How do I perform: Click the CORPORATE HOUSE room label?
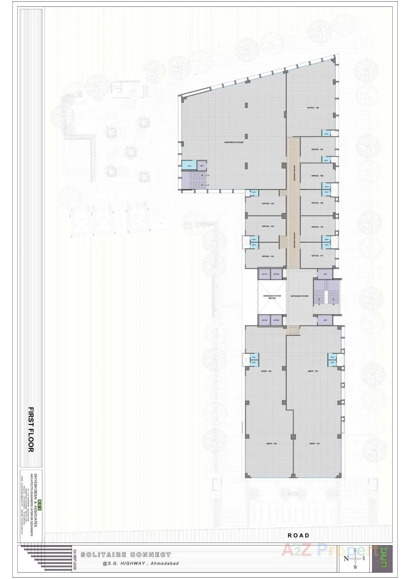(234, 142)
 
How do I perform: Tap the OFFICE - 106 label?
(313, 108)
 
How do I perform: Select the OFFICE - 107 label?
(317, 149)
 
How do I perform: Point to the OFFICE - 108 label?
(317, 176)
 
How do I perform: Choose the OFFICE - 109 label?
(317, 203)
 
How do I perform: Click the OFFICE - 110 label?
(317, 227)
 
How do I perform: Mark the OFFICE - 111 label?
(317, 256)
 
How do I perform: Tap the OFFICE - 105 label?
(268, 204)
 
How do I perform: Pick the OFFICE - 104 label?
(268, 226)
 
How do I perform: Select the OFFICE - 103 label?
(268, 256)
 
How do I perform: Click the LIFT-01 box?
(264, 274)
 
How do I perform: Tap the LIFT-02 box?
(276, 274)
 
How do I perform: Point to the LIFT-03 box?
(276, 320)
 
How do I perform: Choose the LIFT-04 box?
(264, 320)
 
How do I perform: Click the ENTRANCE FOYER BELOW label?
(272, 297)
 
